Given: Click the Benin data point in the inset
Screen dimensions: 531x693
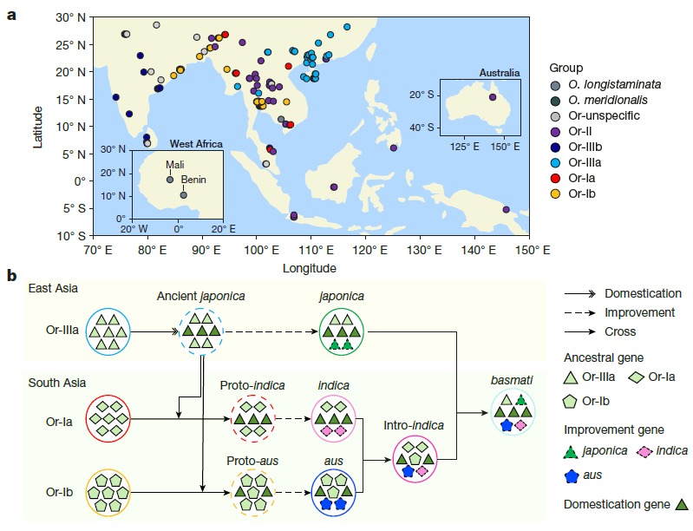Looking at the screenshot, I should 183,194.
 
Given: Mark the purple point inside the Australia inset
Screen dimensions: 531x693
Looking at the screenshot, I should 492,97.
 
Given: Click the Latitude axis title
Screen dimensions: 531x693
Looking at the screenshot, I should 39,126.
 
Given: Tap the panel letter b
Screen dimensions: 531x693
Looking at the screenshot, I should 12,277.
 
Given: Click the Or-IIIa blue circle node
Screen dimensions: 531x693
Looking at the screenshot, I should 108,331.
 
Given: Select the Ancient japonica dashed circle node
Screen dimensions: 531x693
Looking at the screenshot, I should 201,331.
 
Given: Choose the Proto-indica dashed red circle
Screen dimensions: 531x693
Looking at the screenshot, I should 252,419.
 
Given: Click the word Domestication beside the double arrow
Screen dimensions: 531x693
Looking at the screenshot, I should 642,293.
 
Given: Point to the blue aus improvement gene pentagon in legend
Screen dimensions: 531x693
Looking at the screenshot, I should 572,476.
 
